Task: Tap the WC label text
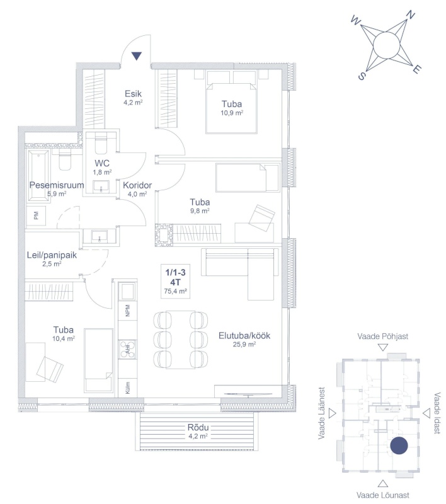pos(103,163)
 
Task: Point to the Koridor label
pos(135,185)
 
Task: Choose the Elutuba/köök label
pos(244,336)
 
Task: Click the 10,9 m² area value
pos(232,113)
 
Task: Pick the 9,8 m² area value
pos(200,212)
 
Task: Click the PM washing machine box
pos(35,216)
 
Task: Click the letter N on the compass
pos(410,14)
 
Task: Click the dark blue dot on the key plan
pos(398,446)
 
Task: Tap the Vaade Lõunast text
pos(383,496)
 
